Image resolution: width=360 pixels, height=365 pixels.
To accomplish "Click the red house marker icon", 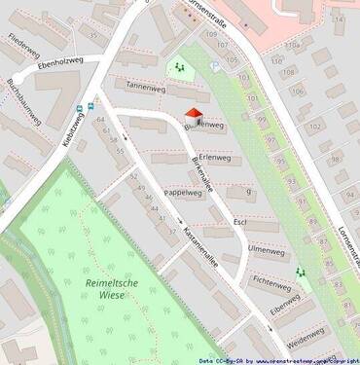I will coord(194,117).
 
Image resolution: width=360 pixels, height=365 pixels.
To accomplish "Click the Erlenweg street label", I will coord(213,158).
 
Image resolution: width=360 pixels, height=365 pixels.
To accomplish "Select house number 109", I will coord(211,35).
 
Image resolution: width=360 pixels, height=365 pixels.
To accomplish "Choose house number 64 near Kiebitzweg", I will coord(101,119).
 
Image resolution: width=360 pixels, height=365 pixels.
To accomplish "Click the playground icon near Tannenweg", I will coord(178,68).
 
